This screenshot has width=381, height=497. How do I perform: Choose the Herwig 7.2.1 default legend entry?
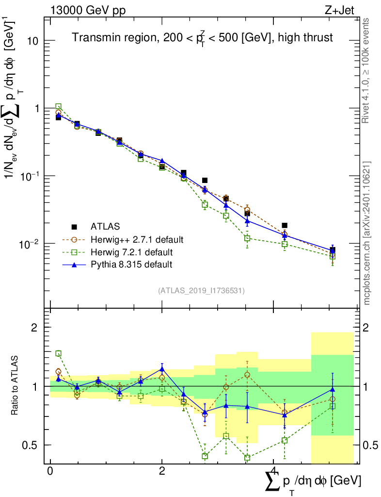coord(132,252)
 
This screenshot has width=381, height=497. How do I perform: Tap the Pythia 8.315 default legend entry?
coord(131,265)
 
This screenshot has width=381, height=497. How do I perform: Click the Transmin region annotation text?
coord(203,38)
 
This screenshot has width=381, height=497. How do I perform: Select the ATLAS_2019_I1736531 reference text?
coord(201,291)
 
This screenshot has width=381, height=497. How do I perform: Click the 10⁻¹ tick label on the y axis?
coord(30,176)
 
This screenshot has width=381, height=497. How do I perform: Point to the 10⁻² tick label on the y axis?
coord(30,243)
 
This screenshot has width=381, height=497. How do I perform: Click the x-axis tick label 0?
coord(50,472)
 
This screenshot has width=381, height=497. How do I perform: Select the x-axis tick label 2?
coord(162,472)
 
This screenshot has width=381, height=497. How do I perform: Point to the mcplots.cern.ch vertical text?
coord(367,233)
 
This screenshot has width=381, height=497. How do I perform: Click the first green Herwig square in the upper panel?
coord(58,106)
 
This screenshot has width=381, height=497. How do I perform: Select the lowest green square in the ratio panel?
coord(247,458)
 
